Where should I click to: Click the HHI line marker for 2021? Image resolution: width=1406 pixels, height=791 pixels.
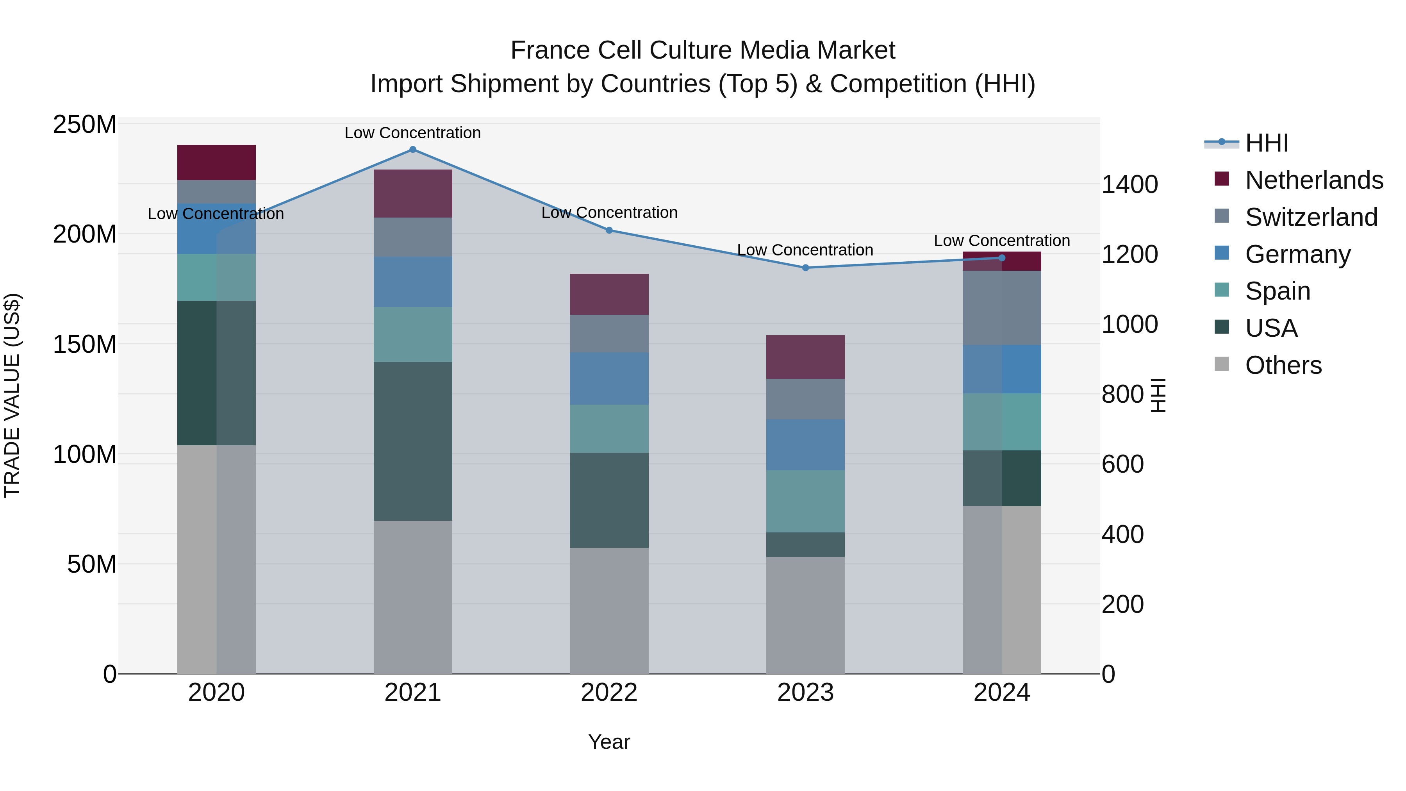[413, 150]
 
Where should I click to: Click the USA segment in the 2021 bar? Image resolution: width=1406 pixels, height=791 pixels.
[413, 441]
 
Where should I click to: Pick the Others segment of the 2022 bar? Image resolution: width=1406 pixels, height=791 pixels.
[609, 610]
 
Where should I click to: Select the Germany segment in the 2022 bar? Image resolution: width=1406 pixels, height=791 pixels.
[609, 378]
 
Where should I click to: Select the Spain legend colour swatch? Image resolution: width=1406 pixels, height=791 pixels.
[1222, 290]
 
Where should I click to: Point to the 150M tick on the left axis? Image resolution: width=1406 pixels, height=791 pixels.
[85, 345]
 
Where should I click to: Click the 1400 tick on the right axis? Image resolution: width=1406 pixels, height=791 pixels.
[1129, 184]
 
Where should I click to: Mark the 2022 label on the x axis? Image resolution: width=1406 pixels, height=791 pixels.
[609, 693]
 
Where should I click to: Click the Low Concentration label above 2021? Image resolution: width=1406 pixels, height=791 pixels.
[413, 133]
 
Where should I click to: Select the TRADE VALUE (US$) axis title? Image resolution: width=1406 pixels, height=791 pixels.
[12, 395]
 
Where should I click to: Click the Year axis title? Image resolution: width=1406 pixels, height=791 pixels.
[609, 742]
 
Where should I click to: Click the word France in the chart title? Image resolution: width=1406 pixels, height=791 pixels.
[550, 50]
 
